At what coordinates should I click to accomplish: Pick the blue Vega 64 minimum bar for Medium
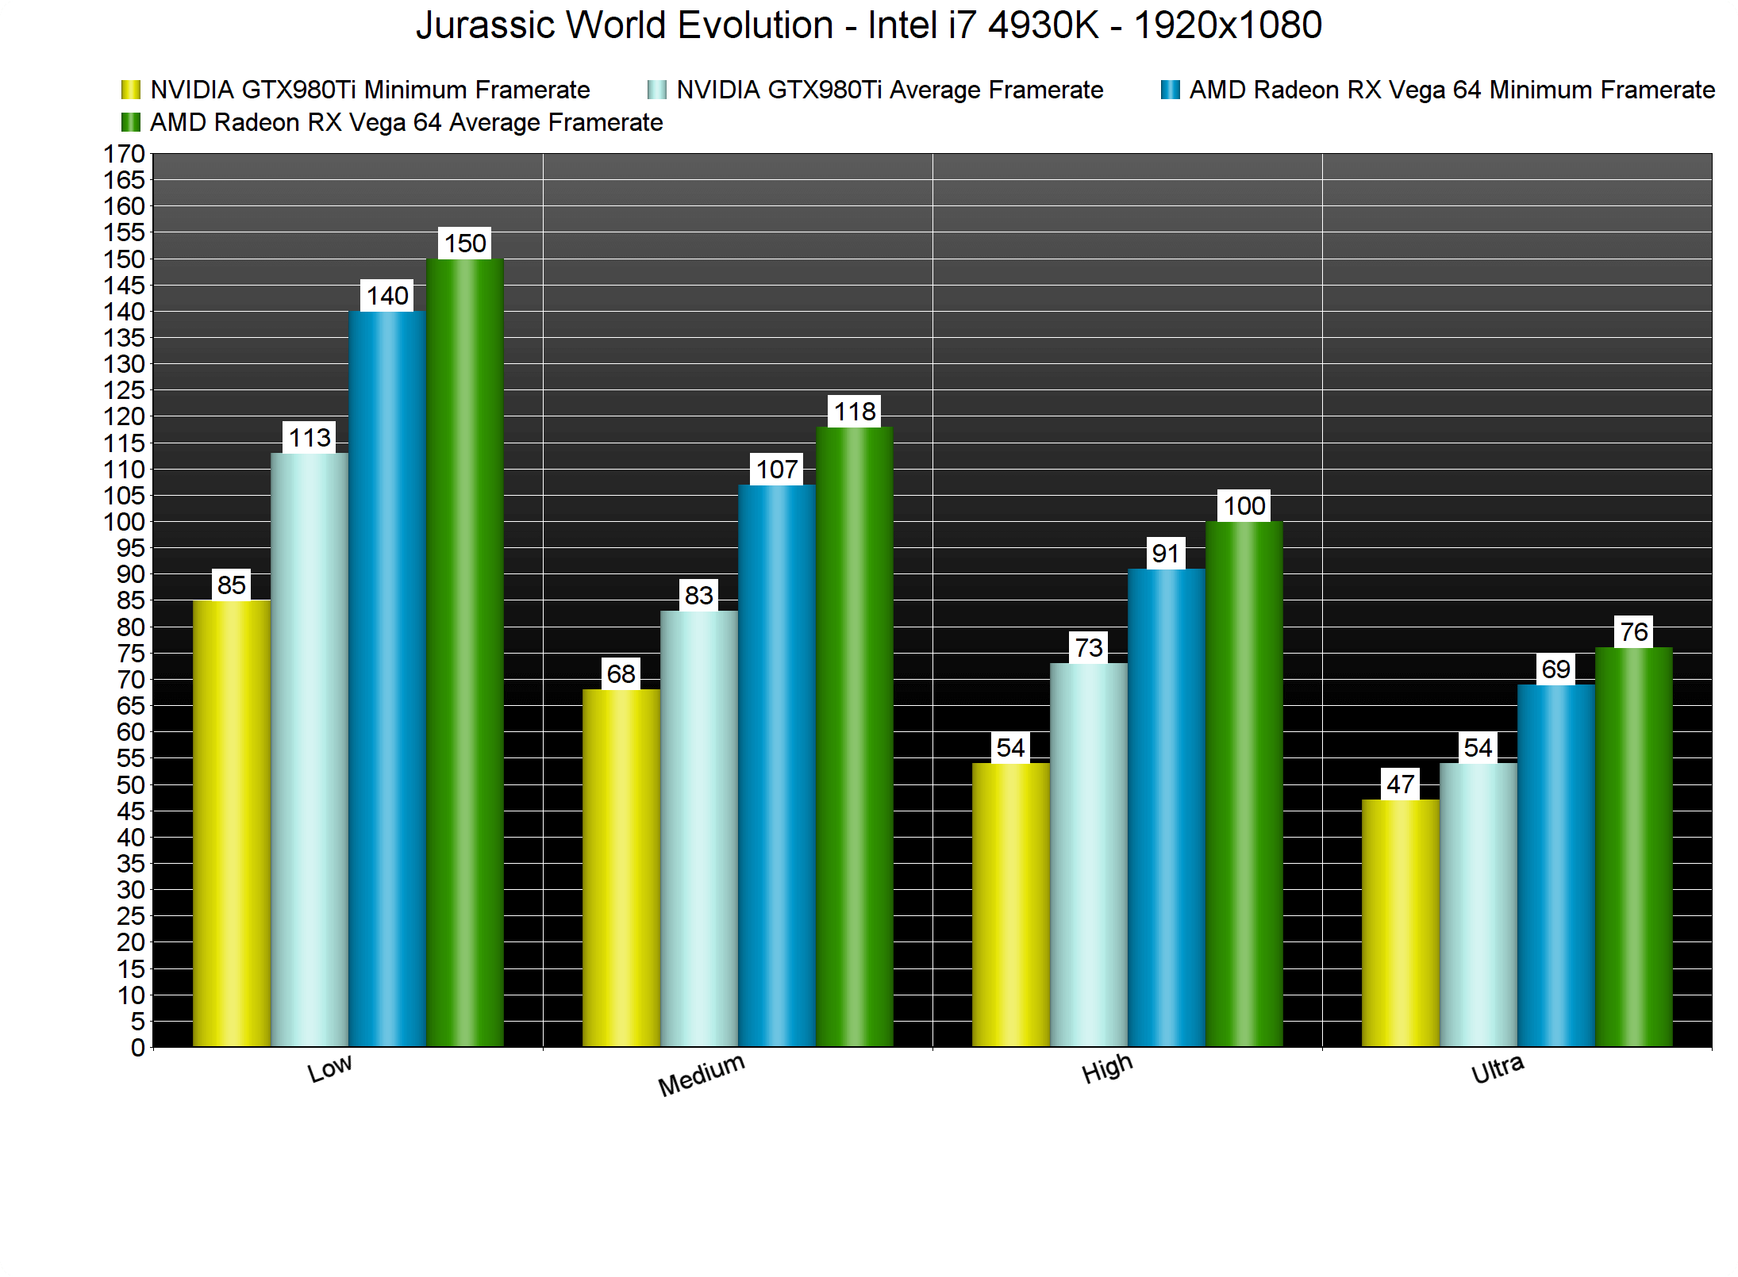click(x=777, y=765)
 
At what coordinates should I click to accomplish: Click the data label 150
click(x=465, y=244)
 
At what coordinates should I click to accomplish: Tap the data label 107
click(x=777, y=470)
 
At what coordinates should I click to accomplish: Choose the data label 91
click(x=1166, y=554)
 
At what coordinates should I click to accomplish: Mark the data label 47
click(x=1401, y=784)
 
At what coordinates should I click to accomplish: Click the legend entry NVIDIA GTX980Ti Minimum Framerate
click(x=370, y=90)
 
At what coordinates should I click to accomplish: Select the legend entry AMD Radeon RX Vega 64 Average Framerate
click(x=406, y=123)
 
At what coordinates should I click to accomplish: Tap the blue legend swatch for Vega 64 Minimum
click(x=1170, y=90)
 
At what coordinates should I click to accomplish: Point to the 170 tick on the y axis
click(x=125, y=154)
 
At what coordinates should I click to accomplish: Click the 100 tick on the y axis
click(x=125, y=522)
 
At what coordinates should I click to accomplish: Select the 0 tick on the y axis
click(x=137, y=1048)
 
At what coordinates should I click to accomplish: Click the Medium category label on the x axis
click(x=702, y=1075)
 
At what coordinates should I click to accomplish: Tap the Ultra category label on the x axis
click(x=1498, y=1069)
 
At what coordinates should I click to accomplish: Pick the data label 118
click(x=855, y=412)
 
